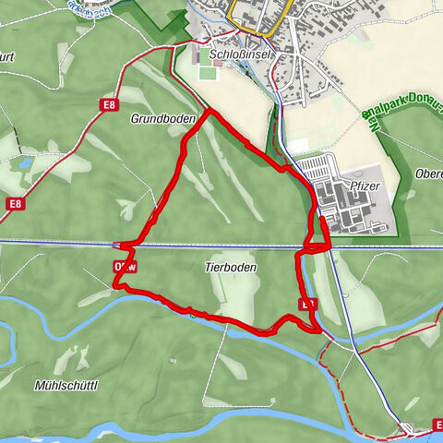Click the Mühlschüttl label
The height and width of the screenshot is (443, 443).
(x=66, y=384)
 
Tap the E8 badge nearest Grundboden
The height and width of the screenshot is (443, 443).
(x=110, y=105)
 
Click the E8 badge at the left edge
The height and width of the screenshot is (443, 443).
(x=13, y=203)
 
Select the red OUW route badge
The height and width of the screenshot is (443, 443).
(x=126, y=267)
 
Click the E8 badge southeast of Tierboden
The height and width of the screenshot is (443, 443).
(x=307, y=303)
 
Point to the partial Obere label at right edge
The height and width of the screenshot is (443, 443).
(x=430, y=176)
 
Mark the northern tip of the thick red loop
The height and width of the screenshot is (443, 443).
(x=208, y=112)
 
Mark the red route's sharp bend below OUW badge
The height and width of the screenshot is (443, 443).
(x=116, y=285)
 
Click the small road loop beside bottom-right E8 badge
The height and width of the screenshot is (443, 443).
(x=407, y=427)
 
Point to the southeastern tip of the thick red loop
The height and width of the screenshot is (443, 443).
(x=318, y=328)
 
